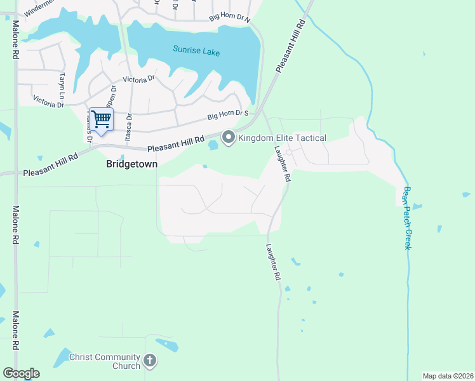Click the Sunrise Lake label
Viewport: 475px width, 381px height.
pos(196,51)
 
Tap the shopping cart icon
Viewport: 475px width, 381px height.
pos(101,119)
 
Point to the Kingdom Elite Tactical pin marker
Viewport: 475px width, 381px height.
pos(227,137)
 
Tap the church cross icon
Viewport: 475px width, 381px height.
pos(150,361)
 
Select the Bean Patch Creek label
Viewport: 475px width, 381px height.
pos(408,217)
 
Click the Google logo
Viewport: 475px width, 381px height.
pos(21,373)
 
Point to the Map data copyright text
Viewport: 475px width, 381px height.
pos(447,376)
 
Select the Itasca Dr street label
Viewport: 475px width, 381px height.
pos(130,126)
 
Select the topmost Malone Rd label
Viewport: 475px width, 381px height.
pos(14,41)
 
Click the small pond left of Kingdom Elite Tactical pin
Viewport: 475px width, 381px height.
pos(213,145)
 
